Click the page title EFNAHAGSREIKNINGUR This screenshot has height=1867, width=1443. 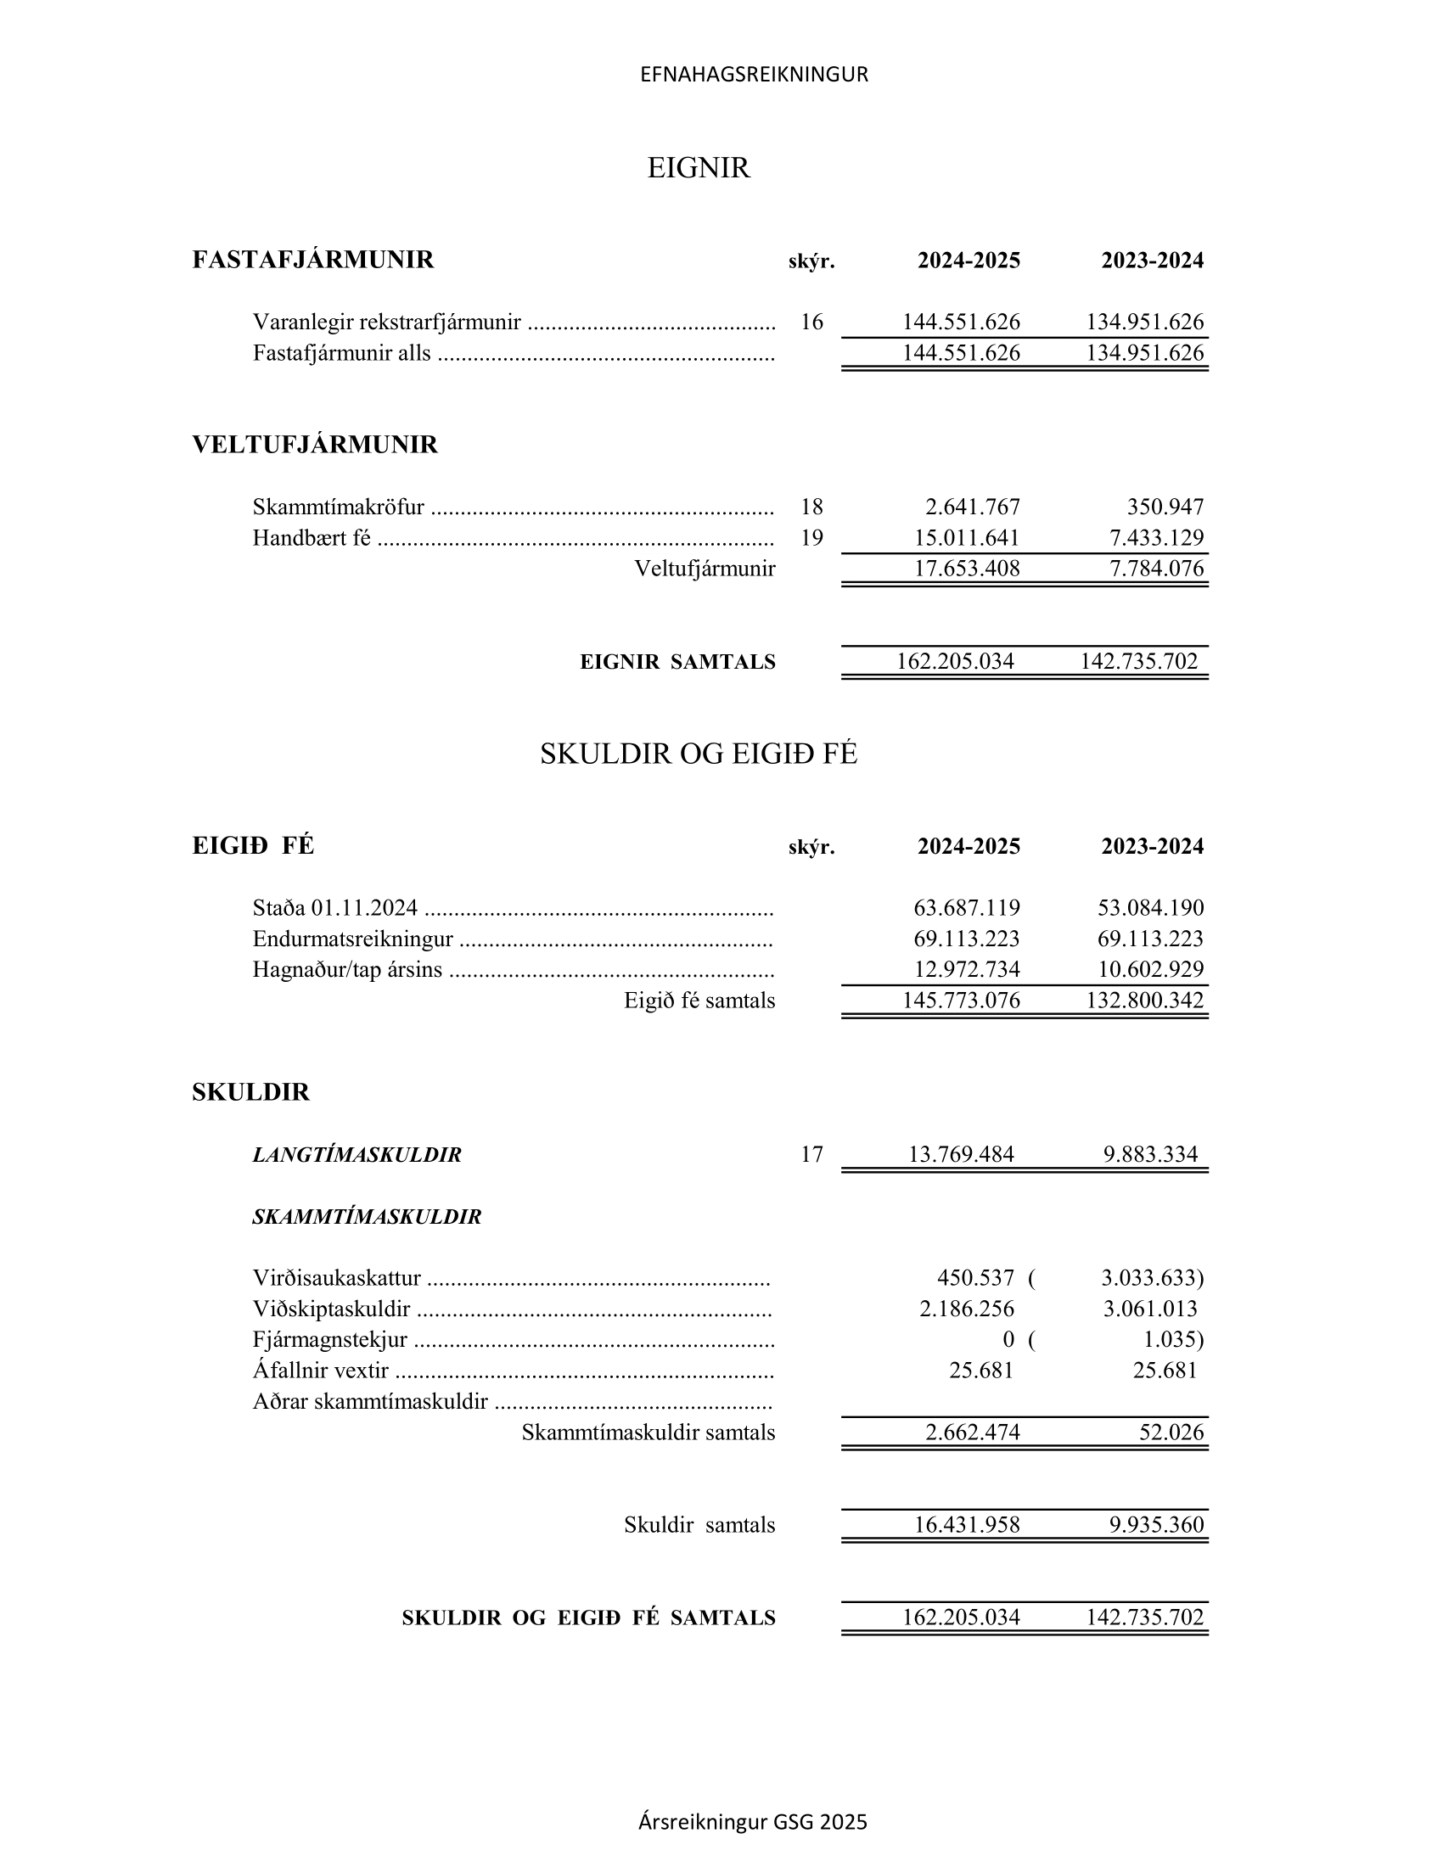click(754, 75)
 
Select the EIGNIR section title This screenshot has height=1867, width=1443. click(699, 167)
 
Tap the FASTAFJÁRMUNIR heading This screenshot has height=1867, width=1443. click(313, 260)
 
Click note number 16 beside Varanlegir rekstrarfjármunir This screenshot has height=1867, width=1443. click(811, 322)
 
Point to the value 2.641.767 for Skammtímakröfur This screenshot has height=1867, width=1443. click(972, 507)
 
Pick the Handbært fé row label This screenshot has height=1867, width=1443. click(312, 538)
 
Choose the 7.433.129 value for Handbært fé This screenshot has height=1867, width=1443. click(1156, 538)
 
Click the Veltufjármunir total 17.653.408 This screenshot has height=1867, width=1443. click(967, 569)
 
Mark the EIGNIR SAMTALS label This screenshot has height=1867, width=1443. click(677, 662)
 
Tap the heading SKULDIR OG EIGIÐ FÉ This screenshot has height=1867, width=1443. click(699, 753)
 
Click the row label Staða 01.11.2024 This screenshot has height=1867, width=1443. click(335, 907)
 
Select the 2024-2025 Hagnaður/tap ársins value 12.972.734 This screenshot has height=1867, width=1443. click(966, 969)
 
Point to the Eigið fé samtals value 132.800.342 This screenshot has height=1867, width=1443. click(1145, 1001)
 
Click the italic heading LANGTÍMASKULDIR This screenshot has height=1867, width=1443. click(357, 1155)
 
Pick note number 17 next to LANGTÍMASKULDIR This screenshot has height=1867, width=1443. click(811, 1155)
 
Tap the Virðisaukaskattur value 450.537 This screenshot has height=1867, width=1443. click(975, 1278)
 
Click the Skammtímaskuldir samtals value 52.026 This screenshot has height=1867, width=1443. click(1171, 1432)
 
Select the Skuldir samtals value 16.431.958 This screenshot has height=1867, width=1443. click(967, 1524)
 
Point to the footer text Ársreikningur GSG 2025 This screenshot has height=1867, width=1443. click(752, 1822)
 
